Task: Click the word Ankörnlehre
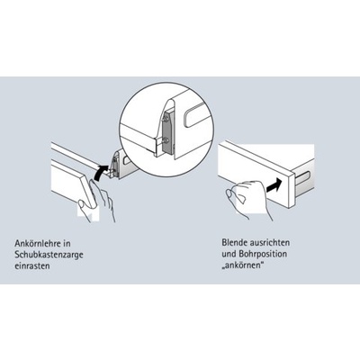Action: point(39,243)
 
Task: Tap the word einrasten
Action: point(32,266)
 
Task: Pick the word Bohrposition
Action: point(263,254)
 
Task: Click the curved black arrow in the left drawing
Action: point(100,173)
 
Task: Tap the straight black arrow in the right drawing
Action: point(274,184)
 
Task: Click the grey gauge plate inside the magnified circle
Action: point(167,133)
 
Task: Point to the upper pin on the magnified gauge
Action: point(166,119)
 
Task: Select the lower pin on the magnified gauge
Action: point(166,140)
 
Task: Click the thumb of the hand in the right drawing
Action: point(230,193)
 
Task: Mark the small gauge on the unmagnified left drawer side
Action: point(114,165)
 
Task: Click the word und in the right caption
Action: point(229,254)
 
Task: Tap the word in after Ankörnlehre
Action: point(68,243)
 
